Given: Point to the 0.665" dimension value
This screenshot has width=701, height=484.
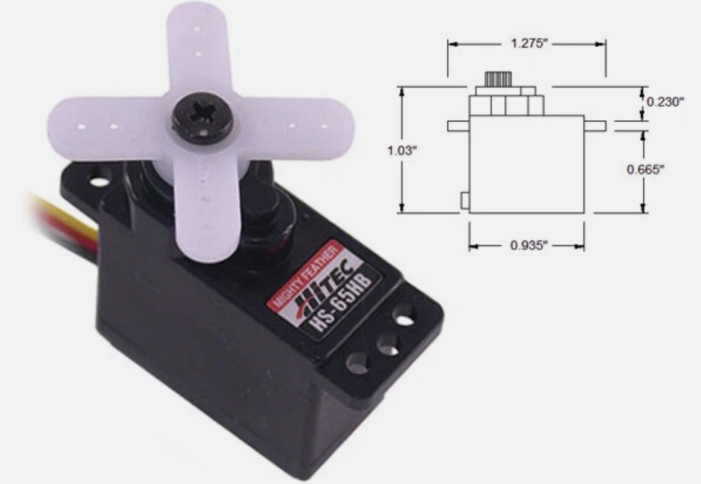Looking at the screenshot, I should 645,169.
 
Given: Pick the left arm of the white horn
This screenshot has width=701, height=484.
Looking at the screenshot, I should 100,125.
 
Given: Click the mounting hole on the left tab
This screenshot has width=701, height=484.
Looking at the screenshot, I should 99,183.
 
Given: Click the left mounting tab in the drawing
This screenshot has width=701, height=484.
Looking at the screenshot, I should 458,126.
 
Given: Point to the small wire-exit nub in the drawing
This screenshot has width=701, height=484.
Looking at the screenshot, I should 464,200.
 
